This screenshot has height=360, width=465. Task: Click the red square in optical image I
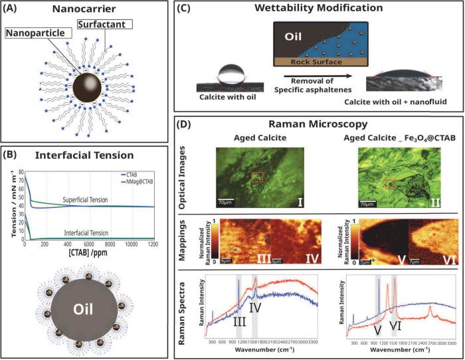[x=256, y=159]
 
